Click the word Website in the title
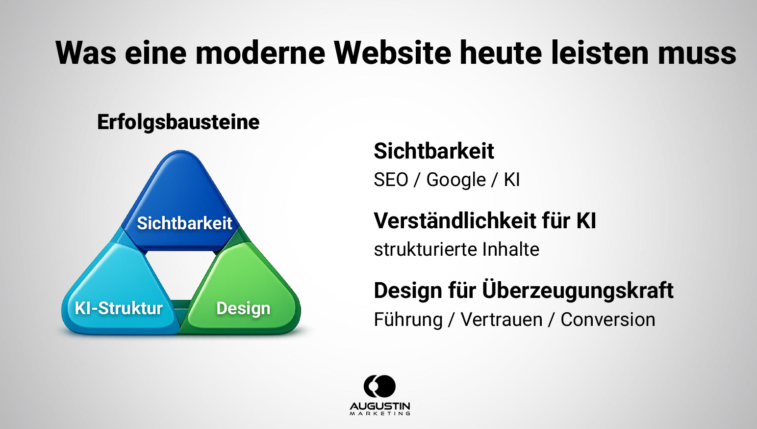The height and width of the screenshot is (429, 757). pyautogui.click(x=392, y=53)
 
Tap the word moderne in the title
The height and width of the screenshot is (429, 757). pyautogui.click(x=260, y=53)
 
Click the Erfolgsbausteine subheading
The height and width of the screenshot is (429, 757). pyautogui.click(x=178, y=122)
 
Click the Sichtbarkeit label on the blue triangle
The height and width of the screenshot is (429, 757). pyautogui.click(x=184, y=223)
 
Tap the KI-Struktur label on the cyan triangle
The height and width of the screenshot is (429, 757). pyautogui.click(x=119, y=308)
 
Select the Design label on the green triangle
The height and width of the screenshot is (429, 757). pyautogui.click(x=243, y=308)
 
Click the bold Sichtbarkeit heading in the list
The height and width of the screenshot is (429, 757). pyautogui.click(x=433, y=151)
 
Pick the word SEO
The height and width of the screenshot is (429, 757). pyautogui.click(x=391, y=180)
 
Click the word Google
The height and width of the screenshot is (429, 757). pyautogui.click(x=456, y=180)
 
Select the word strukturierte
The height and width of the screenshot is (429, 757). pyautogui.click(x=425, y=249)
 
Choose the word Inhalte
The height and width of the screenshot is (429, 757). pyautogui.click(x=510, y=249)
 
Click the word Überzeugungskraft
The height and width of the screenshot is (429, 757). pyautogui.click(x=578, y=291)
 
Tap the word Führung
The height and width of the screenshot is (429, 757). pyautogui.click(x=408, y=320)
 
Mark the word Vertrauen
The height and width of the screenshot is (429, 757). pyautogui.click(x=502, y=320)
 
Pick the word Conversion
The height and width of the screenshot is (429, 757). pyautogui.click(x=607, y=320)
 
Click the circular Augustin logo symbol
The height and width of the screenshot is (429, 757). pyautogui.click(x=379, y=386)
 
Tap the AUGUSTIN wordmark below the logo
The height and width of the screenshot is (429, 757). pyautogui.click(x=380, y=407)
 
